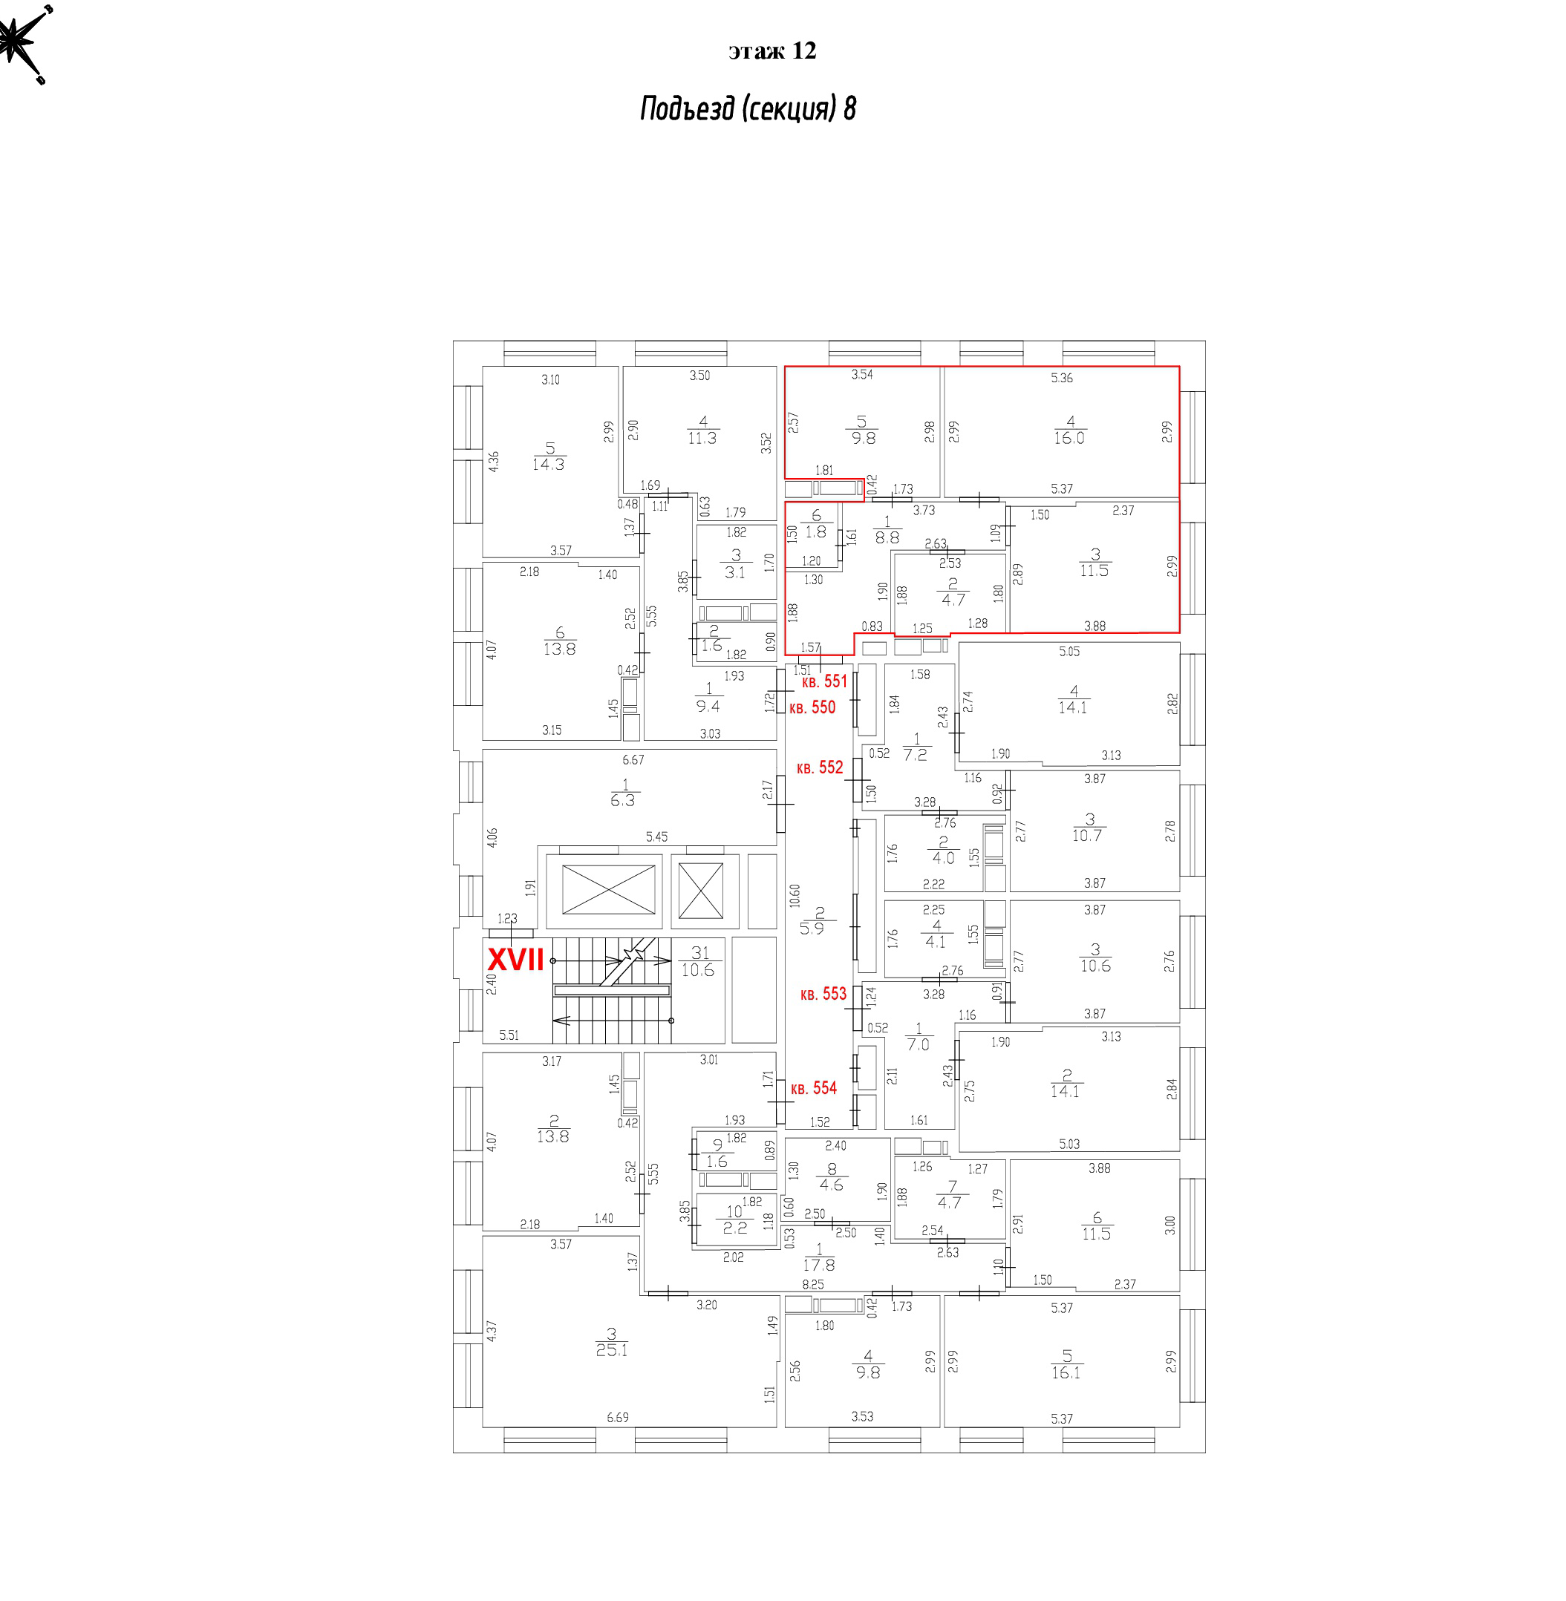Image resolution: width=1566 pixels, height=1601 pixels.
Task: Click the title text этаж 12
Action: (771, 51)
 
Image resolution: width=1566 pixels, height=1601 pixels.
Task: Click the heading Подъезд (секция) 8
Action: (748, 108)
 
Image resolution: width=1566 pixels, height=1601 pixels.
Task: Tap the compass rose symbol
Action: (23, 41)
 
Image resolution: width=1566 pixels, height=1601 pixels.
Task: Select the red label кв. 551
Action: (824, 681)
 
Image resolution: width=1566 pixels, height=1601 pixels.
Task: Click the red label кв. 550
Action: (812, 707)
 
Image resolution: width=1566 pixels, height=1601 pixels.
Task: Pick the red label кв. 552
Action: (820, 767)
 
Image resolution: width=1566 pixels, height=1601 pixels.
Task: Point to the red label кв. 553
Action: (823, 994)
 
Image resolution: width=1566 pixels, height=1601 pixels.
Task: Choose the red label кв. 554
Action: (813, 1088)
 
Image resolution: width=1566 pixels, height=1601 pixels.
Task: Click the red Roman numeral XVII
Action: (516, 960)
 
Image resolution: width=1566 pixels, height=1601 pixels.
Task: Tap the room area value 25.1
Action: (612, 1349)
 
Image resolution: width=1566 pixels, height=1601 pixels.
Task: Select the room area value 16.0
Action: (1069, 438)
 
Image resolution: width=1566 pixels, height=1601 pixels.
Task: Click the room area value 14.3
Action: (548, 464)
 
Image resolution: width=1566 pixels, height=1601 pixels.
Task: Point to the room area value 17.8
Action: (819, 1266)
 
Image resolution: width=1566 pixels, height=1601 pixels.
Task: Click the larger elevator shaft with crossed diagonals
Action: (608, 890)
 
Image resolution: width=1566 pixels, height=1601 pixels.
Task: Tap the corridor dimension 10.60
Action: (794, 895)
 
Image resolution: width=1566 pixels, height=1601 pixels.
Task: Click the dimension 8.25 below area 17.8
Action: (812, 1284)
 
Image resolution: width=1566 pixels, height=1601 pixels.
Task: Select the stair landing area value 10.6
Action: (697, 970)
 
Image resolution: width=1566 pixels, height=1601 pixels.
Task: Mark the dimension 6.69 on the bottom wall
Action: (618, 1418)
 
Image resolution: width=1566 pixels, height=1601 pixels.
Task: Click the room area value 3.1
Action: (734, 572)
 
